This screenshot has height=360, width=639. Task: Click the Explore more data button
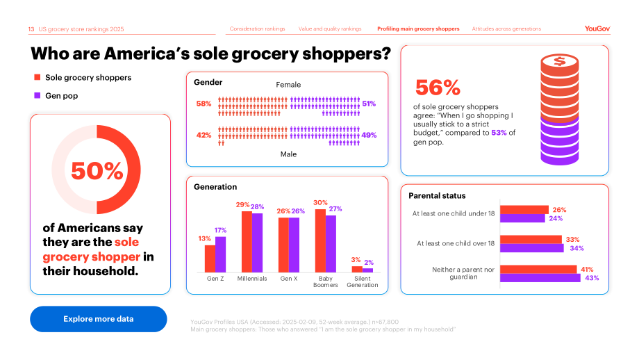point(98,319)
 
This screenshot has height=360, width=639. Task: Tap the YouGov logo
point(597,28)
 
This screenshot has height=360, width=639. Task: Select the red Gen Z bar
point(210,259)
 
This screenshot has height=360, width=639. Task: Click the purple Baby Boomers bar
point(331,244)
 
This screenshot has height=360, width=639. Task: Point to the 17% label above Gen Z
point(220,230)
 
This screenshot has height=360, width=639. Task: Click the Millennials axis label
point(252,279)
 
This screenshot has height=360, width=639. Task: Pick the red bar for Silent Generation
point(357,269)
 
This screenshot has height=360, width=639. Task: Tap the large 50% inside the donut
point(97,170)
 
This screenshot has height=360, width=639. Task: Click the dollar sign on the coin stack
point(560,61)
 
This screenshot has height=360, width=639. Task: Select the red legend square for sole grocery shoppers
point(37,77)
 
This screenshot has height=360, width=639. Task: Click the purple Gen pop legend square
point(37,95)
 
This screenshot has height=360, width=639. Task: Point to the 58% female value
point(204,104)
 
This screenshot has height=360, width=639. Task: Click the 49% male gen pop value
point(369,135)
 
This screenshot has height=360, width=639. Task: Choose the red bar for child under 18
point(524,210)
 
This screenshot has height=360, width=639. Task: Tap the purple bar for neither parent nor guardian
point(540,277)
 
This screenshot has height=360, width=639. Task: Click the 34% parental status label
point(576,248)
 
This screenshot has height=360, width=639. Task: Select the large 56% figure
point(438,88)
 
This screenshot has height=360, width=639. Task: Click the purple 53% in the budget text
point(499,133)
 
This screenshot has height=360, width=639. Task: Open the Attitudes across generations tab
point(506,28)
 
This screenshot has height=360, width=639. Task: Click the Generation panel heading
point(215,187)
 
